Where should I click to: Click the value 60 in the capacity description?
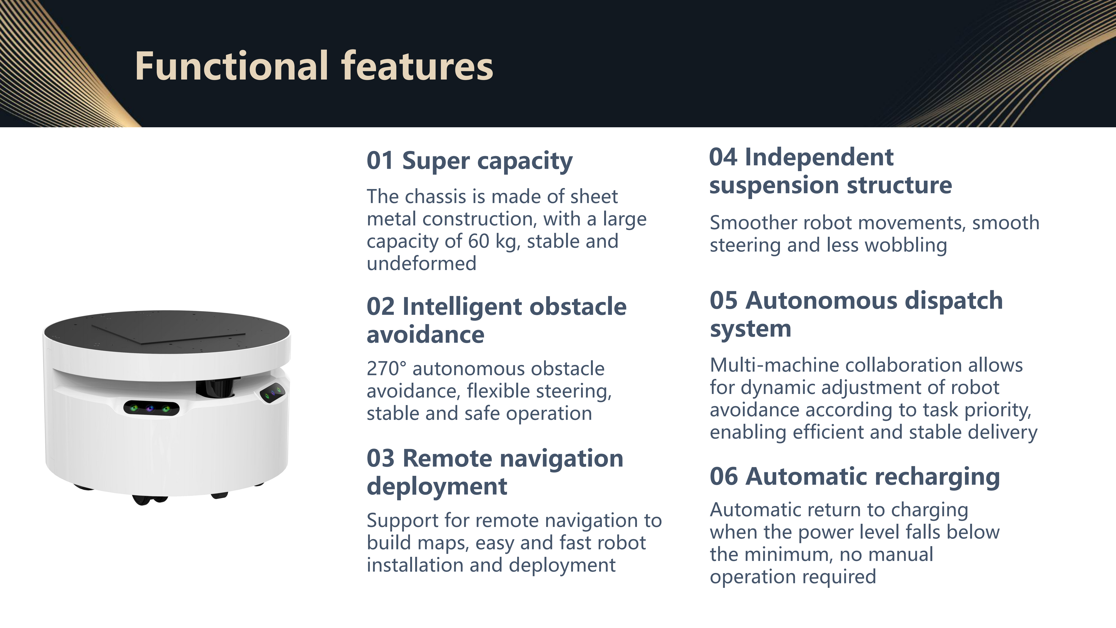point(478,241)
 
